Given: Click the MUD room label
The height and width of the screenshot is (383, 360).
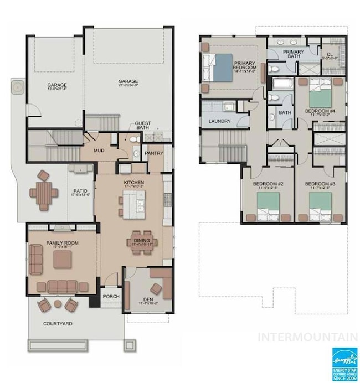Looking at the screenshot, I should (x=99, y=150).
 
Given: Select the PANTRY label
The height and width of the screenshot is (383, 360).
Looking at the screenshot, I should (x=153, y=153).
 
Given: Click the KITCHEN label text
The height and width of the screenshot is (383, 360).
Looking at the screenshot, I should (x=133, y=182).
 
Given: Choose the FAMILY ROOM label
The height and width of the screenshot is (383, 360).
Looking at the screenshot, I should (x=62, y=243).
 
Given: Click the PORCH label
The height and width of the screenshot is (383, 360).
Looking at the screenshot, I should (x=111, y=296).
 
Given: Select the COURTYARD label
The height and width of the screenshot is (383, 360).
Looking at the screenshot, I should (x=58, y=323).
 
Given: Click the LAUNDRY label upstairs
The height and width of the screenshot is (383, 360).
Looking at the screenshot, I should (x=219, y=121).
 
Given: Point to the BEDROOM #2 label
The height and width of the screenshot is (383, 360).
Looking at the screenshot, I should (x=268, y=184).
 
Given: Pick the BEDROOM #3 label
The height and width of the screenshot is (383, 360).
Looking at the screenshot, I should (x=320, y=184).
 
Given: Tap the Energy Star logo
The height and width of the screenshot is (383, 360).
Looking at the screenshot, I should (x=344, y=363).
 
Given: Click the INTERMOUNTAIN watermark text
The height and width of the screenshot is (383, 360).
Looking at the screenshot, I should (x=308, y=337).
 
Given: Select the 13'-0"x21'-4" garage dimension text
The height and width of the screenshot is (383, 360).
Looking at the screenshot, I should (x=56, y=89).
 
